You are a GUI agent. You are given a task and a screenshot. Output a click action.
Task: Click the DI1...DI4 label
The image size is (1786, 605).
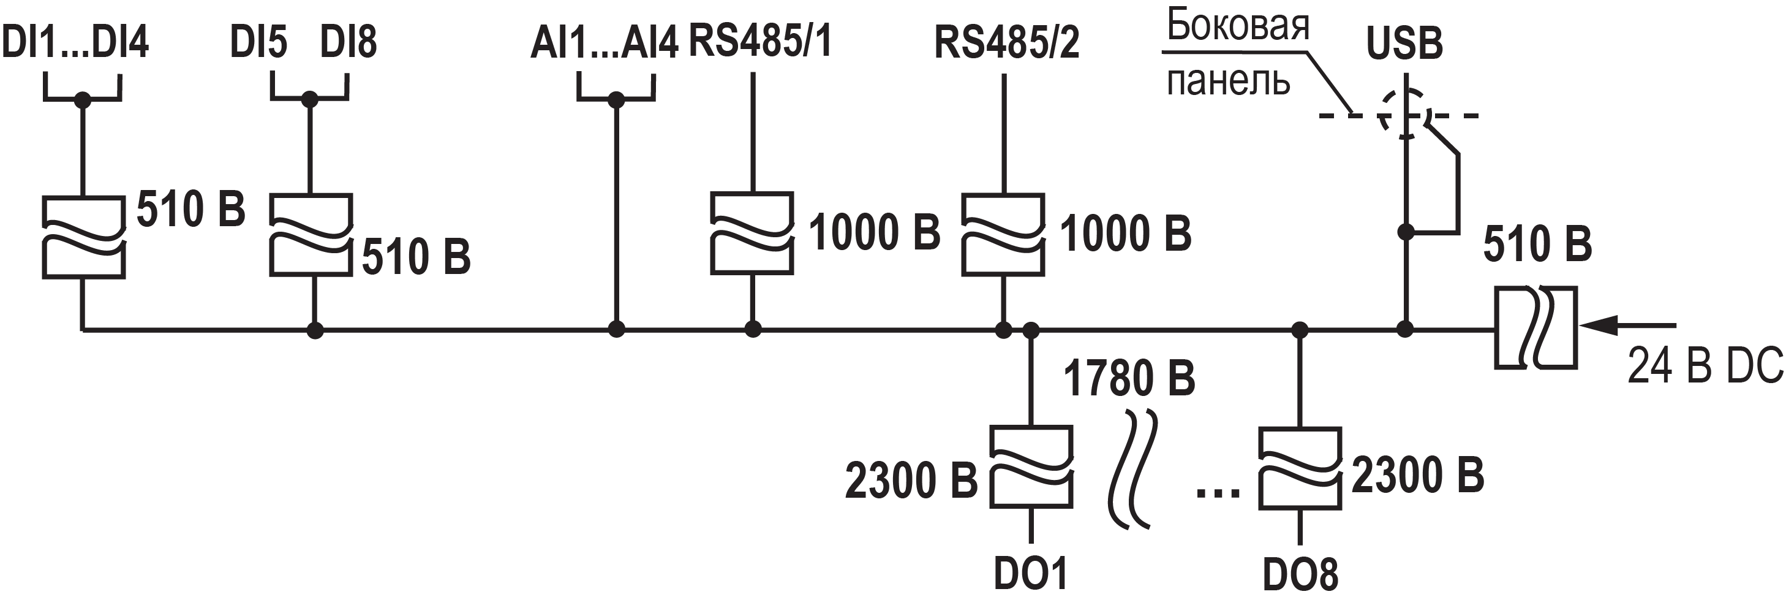click(x=75, y=42)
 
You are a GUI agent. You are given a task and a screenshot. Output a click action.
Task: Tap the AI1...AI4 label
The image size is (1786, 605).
click(x=604, y=43)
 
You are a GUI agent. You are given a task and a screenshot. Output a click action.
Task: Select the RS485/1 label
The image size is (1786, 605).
click(x=760, y=42)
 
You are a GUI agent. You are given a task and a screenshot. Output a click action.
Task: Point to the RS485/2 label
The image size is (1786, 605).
click(x=1007, y=43)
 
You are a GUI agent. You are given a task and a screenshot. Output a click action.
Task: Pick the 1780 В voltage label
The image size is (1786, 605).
click(x=1129, y=379)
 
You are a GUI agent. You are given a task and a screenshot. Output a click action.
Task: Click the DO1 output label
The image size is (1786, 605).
click(x=1030, y=573)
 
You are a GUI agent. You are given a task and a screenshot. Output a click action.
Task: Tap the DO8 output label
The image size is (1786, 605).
click(x=1300, y=574)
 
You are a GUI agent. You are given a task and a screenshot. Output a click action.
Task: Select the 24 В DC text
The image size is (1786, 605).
click(x=1704, y=366)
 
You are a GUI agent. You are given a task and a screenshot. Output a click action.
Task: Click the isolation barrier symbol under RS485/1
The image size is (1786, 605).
click(x=752, y=233)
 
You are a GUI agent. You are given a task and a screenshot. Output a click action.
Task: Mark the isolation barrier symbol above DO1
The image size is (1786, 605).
click(x=1031, y=467)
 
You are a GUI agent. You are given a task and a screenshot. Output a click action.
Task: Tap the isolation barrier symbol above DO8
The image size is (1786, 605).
click(x=1300, y=468)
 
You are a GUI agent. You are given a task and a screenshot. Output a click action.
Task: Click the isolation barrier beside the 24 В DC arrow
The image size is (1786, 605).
click(x=1535, y=327)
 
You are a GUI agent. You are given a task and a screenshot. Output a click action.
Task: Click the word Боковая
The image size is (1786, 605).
click(x=1238, y=26)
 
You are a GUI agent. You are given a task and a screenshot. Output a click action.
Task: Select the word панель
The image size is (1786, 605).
click(x=1228, y=81)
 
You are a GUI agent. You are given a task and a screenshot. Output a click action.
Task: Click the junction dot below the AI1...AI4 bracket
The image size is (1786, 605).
click(x=616, y=101)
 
